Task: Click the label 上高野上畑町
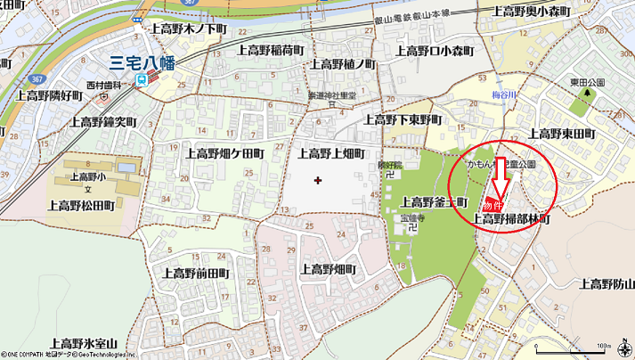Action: (x=330, y=153)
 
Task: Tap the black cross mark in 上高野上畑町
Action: (x=318, y=180)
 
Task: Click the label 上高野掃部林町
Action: (x=510, y=218)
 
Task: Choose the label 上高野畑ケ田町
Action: (x=224, y=153)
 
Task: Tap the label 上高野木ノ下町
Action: (x=189, y=29)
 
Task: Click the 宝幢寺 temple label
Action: (x=410, y=217)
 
